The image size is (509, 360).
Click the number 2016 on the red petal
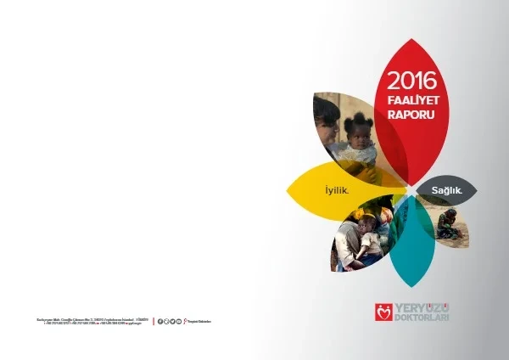(411, 82)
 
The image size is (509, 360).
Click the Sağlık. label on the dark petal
(447, 191)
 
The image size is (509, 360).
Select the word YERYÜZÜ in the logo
(421, 307)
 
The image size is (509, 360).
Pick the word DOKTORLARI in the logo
(421, 318)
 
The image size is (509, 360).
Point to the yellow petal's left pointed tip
(288, 188)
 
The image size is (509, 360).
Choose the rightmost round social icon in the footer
(179, 321)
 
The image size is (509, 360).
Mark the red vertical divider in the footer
(154, 321)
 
